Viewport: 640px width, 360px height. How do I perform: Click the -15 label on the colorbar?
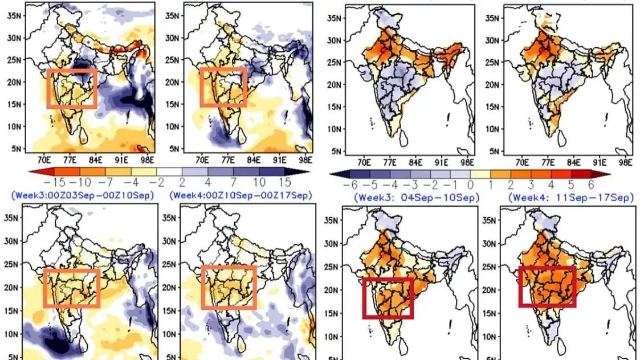(x=54, y=182)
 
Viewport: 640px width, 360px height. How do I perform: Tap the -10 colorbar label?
(x=80, y=182)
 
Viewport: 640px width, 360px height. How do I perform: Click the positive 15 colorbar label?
(x=285, y=182)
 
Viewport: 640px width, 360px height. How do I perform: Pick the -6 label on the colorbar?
(x=350, y=185)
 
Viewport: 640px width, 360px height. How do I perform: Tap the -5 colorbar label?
(x=371, y=185)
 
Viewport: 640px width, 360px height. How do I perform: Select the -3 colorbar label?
(x=410, y=185)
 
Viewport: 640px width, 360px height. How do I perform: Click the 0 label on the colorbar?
(x=471, y=185)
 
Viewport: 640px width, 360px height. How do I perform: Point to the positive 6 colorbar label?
(x=591, y=185)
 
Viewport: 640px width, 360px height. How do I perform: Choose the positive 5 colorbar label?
(x=571, y=185)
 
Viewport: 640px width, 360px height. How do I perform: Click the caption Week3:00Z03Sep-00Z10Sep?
(x=83, y=195)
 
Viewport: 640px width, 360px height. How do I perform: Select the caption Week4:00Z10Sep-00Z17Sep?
(x=241, y=195)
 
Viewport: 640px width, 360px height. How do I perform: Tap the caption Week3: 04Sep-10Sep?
(x=417, y=198)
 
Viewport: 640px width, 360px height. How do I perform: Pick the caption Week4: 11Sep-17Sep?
(x=571, y=198)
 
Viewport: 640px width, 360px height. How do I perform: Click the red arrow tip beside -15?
(x=30, y=171)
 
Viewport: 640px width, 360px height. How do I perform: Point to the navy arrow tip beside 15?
(x=310, y=171)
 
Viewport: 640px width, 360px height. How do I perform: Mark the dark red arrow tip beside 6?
(x=610, y=174)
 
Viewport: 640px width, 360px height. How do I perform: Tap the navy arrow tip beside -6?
(x=330, y=174)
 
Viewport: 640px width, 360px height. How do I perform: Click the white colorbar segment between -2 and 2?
(x=169, y=171)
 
